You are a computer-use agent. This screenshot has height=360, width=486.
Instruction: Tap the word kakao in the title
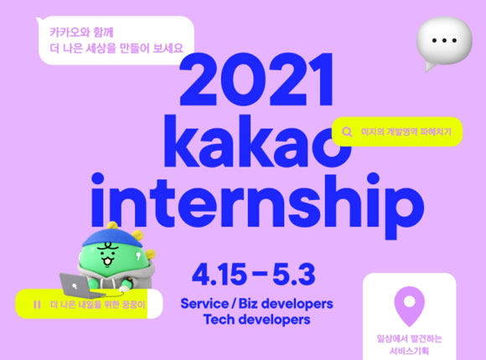tap(257, 141)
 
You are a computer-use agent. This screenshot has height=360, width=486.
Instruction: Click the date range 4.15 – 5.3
tap(254, 275)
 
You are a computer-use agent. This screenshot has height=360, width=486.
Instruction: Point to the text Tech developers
tap(257, 320)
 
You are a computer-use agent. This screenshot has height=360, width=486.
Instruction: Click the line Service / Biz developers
tap(257, 304)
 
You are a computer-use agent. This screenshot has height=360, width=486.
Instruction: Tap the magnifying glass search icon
tap(347, 132)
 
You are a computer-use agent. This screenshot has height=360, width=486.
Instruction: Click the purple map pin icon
tap(409, 306)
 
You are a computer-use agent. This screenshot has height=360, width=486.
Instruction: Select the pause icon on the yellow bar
tap(37, 305)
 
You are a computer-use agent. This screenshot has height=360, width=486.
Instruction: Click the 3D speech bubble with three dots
tap(444, 43)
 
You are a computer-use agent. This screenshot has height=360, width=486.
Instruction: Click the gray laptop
tap(80, 286)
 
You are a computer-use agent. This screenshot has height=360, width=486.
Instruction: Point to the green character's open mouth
tap(107, 261)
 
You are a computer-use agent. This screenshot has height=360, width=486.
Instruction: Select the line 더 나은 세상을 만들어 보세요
tap(116, 49)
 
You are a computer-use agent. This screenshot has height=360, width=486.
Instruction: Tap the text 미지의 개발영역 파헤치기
tap(406, 132)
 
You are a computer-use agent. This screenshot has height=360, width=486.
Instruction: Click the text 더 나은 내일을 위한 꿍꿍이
tap(98, 305)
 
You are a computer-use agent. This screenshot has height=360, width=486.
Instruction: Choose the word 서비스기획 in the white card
tap(409, 352)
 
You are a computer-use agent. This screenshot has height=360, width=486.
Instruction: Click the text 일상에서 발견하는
tap(409, 338)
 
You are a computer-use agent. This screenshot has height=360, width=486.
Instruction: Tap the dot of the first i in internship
tap(98, 179)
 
